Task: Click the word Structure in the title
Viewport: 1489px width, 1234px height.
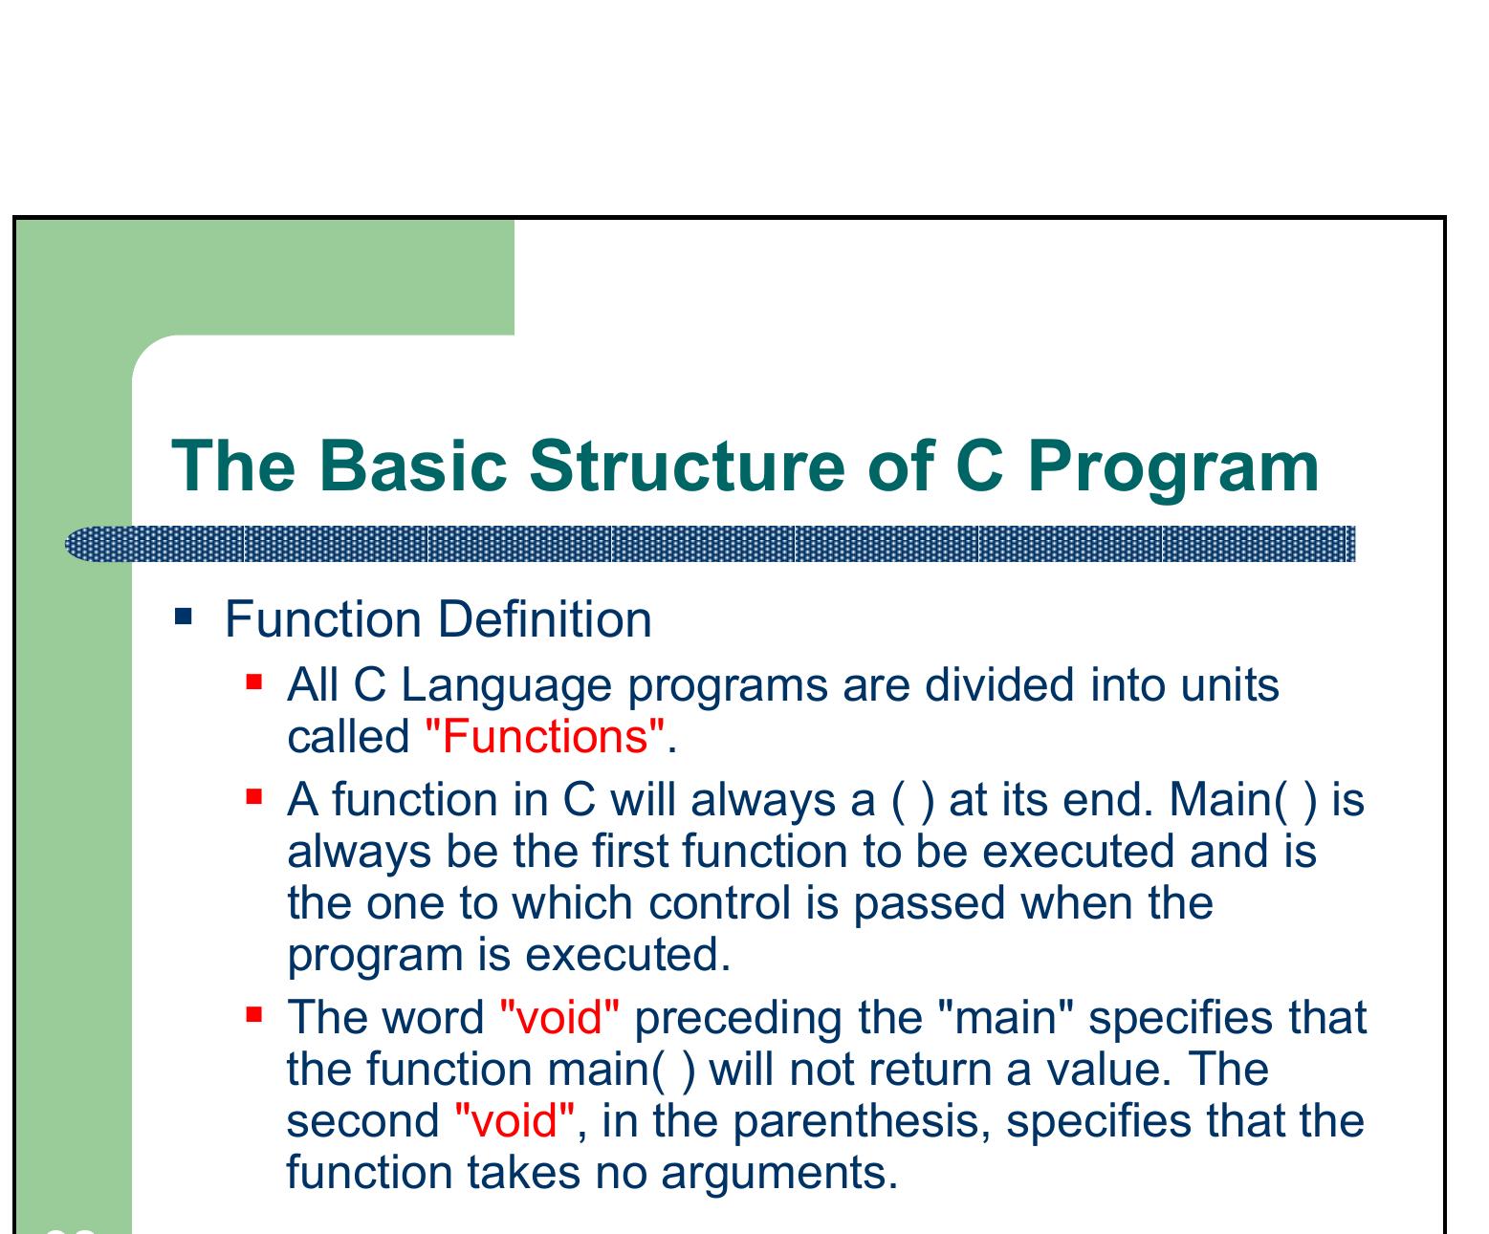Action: click(687, 466)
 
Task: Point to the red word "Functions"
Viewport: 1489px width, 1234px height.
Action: click(544, 737)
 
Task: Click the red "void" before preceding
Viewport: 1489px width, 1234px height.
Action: click(560, 1017)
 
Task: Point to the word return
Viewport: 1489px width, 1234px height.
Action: click(918, 1069)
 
